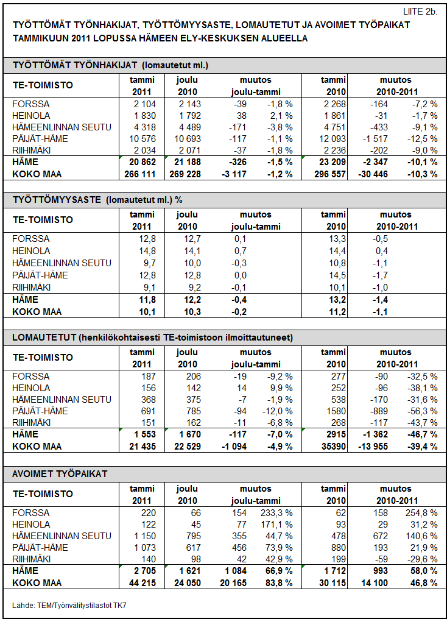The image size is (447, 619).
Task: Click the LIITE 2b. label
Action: point(420,12)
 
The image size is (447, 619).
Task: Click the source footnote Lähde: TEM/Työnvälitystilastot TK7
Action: point(69,605)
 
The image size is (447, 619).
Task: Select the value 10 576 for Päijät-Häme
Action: point(143,139)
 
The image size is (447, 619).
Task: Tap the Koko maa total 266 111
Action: point(140,174)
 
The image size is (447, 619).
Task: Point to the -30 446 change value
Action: point(373,174)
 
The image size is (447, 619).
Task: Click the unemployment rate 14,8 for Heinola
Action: point(147,251)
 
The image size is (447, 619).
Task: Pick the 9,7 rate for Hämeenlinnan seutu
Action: point(150,263)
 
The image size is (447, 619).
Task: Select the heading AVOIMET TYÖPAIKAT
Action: point(60,474)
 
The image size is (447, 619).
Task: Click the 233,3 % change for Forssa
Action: point(276,513)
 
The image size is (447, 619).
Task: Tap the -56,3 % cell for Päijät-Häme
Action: point(422,411)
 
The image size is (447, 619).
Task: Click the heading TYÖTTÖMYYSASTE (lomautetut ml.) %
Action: point(97,200)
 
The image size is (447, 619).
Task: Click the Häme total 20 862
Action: point(143,162)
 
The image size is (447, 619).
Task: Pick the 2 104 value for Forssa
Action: point(145,104)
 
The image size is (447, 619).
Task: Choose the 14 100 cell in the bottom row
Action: point(375,583)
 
